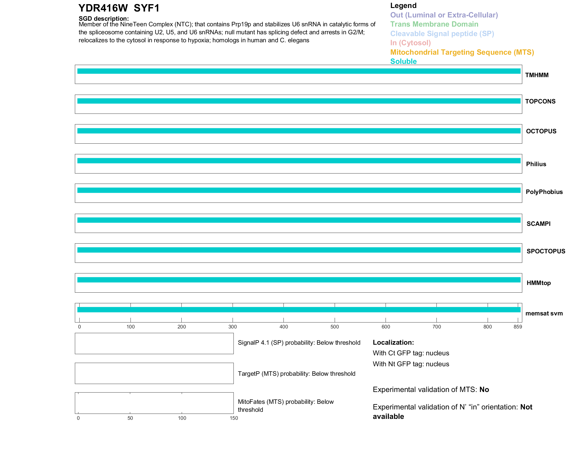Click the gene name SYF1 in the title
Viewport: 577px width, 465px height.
coord(146,8)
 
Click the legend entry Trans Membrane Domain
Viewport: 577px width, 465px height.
coord(434,24)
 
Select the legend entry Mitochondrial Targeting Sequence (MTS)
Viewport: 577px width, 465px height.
coord(462,52)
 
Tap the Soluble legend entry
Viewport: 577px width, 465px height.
coord(403,61)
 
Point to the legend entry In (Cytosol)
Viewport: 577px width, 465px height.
coord(410,43)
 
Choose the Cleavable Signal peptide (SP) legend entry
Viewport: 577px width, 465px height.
coord(442,34)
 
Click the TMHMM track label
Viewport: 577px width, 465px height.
coord(537,75)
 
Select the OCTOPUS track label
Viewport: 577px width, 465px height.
coord(541,131)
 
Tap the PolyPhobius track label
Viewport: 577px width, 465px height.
coord(544,192)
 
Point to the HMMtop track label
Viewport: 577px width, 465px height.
coord(539,283)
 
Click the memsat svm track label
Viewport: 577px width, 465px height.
coord(544,313)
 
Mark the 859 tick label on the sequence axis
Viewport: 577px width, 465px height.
coord(518,327)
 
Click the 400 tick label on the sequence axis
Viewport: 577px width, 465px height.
coord(283,327)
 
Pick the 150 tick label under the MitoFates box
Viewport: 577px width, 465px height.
coord(234,418)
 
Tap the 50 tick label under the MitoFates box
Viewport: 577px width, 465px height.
coord(130,418)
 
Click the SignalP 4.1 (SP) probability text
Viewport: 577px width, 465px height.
coord(299,343)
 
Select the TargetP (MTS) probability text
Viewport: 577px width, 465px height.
coord(296,374)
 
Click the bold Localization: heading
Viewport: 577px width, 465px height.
coord(393,342)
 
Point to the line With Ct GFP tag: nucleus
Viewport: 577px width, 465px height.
coord(411,353)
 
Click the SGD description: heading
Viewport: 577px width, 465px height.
coord(104,19)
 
